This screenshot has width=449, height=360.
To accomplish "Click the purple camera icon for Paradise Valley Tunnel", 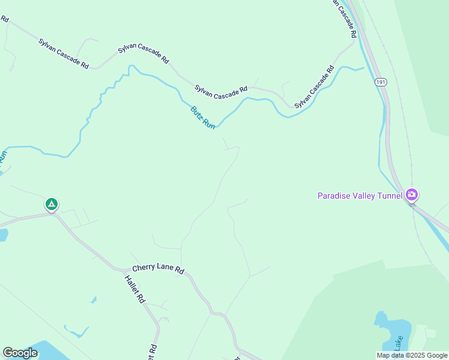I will [411, 194].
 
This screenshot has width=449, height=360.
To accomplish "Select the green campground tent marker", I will [52, 205].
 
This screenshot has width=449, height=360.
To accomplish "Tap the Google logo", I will [20, 353].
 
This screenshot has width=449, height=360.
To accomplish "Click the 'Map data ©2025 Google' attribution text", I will [412, 355].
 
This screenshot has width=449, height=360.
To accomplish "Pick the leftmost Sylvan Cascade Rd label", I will [64, 53].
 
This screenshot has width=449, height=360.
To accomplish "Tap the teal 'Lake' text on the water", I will [398, 343].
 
